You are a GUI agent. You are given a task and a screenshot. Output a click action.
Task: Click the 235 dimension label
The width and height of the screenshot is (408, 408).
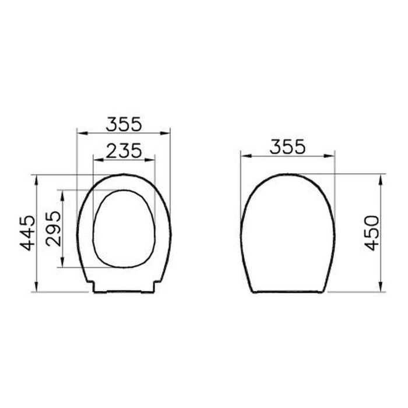(x=124, y=150)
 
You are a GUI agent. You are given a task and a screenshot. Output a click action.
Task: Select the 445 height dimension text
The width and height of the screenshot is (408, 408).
(x=27, y=233)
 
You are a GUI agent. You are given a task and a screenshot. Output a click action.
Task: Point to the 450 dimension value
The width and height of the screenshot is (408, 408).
(x=372, y=233)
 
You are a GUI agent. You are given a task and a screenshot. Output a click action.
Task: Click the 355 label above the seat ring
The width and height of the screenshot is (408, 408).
(x=124, y=124)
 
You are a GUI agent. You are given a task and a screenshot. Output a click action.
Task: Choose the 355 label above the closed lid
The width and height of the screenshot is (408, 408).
(x=287, y=147)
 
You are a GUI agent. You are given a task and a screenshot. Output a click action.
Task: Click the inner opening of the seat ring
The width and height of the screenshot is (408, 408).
(x=124, y=228)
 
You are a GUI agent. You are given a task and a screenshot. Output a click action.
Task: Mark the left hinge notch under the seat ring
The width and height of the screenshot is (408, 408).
(x=94, y=286)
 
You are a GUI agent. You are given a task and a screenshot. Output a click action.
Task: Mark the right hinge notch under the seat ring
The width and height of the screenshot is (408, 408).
(x=154, y=286)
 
